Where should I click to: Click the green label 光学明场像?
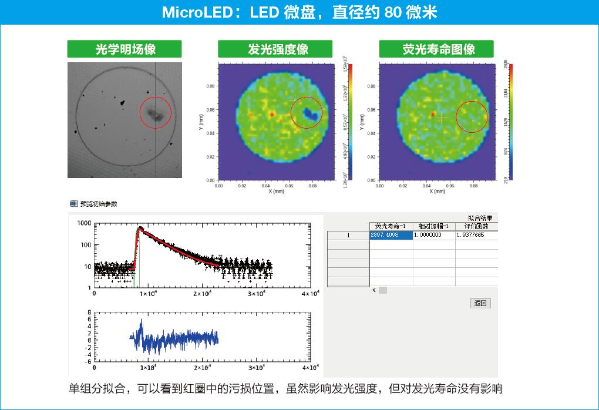pyautogui.click(x=124, y=49)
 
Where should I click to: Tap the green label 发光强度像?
pyautogui.click(x=275, y=49)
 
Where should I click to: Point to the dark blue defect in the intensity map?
pyautogui.click(x=309, y=114)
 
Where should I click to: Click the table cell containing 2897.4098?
pyautogui.click(x=391, y=235)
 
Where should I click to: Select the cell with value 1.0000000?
pyautogui.click(x=434, y=235)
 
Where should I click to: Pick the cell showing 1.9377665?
pyautogui.click(x=476, y=235)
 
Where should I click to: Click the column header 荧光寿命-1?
pyautogui.click(x=391, y=226)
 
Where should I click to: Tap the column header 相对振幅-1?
pyautogui.click(x=434, y=226)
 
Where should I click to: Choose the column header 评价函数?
pyautogui.click(x=476, y=226)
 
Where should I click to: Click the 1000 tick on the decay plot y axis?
pyautogui.click(x=84, y=223)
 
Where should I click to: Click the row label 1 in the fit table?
pyautogui.click(x=348, y=235)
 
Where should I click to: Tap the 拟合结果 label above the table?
pyautogui.click(x=480, y=217)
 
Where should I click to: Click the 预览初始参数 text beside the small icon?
pyautogui.click(x=99, y=204)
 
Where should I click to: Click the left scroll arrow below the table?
pyautogui.click(x=375, y=290)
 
